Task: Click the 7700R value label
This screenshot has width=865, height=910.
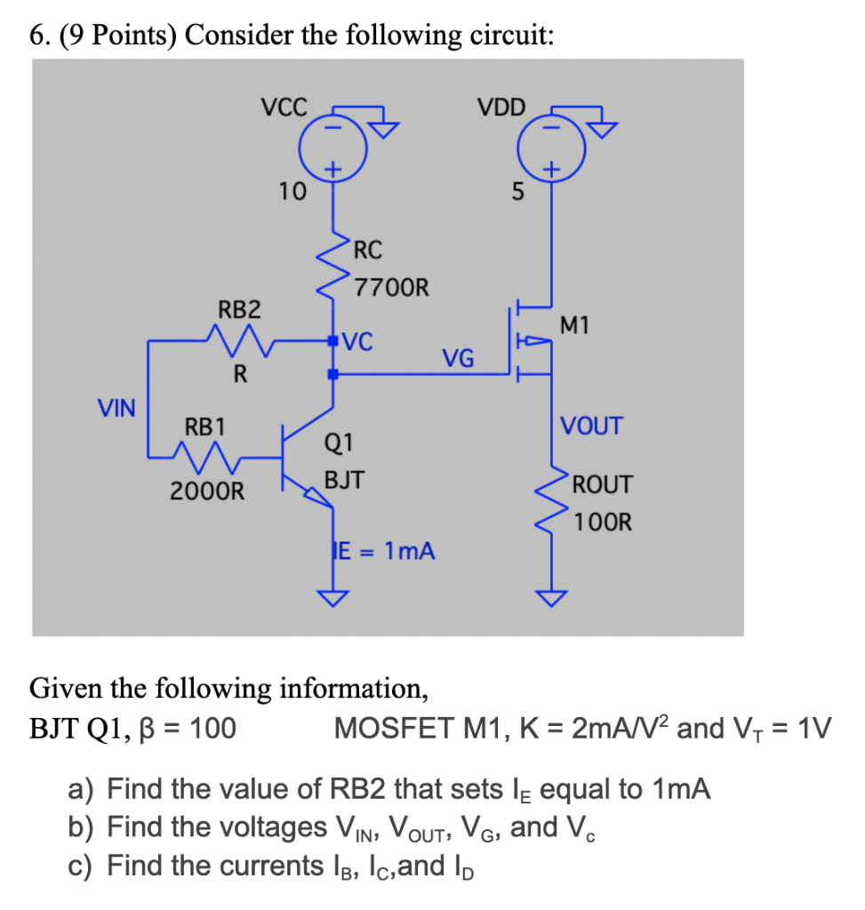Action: point(391,288)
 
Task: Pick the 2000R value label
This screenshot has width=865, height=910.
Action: point(206,490)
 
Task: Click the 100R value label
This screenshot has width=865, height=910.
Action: point(603,522)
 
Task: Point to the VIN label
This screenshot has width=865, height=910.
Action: point(116,409)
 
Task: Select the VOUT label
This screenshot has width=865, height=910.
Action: point(592,426)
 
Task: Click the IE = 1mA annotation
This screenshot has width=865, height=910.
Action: point(383,551)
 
